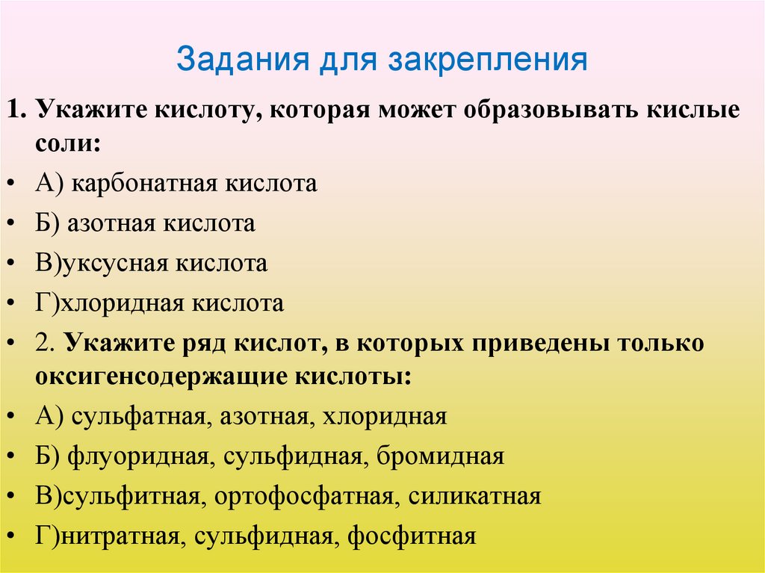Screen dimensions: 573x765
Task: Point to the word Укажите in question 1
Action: click(x=90, y=111)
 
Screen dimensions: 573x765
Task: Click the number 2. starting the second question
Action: click(x=43, y=343)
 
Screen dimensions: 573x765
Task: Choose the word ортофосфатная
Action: click(x=303, y=496)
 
